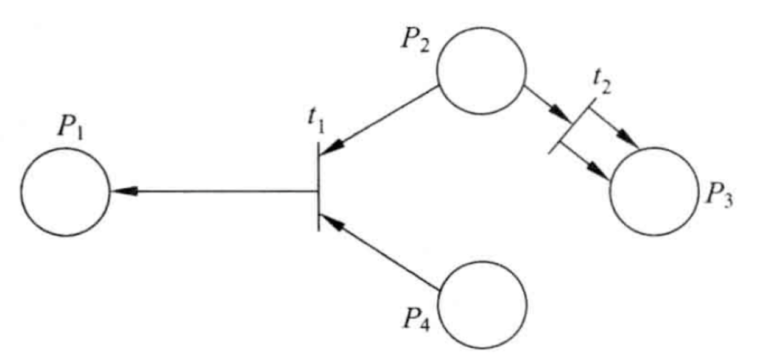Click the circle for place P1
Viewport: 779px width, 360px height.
pos(66,191)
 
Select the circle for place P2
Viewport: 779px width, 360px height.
pos(481,70)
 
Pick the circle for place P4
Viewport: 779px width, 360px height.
pos(482,304)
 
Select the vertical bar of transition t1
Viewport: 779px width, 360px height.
pos(319,186)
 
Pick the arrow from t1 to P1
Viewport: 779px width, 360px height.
pos(213,191)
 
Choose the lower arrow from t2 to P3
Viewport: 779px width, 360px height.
pos(585,160)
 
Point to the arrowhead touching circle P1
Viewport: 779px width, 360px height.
pos(122,191)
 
